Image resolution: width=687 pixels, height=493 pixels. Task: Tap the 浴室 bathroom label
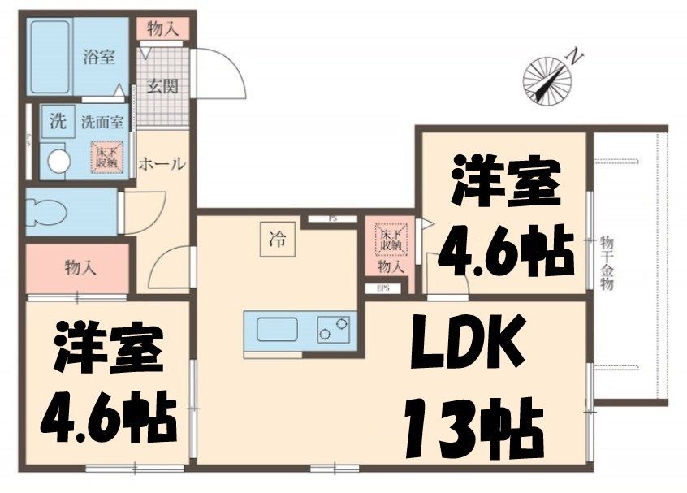pyautogui.click(x=99, y=57)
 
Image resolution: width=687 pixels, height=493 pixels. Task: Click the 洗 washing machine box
pyautogui.click(x=57, y=122)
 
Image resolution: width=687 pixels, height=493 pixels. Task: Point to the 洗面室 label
pyautogui.click(x=102, y=123)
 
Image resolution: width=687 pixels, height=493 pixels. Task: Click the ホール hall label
pyautogui.click(x=162, y=164)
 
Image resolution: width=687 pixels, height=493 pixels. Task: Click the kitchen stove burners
pyautogui.click(x=333, y=330)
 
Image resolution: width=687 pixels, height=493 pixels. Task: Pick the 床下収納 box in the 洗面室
pyautogui.click(x=106, y=158)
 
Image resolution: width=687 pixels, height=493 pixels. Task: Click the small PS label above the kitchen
pyautogui.click(x=333, y=219)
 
